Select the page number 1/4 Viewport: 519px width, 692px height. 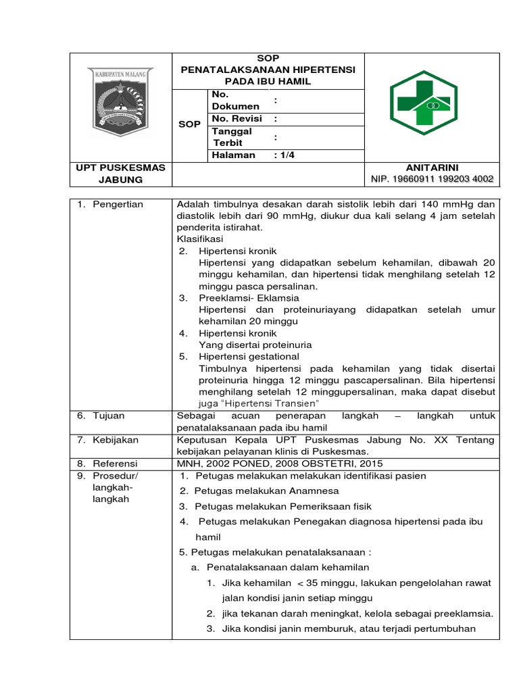(285, 155)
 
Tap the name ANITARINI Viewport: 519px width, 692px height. (432, 167)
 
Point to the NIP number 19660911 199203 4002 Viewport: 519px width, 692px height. (432, 179)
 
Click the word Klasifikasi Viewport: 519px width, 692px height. (200, 239)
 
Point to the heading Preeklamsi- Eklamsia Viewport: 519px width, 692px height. (249, 298)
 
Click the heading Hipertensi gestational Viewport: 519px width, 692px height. (249, 356)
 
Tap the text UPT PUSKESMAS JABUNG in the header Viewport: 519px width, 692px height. (121, 173)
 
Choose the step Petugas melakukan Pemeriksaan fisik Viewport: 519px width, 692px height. (276, 506)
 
